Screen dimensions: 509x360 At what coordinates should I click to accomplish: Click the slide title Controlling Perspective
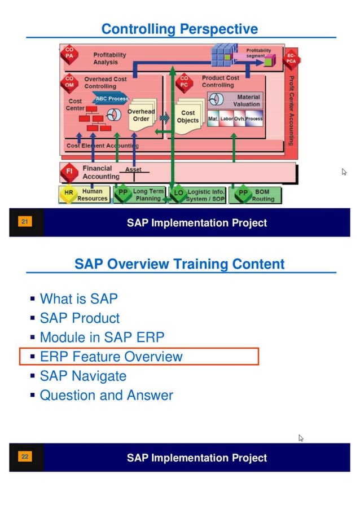[179, 29]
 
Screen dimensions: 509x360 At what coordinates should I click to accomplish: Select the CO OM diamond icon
[69, 82]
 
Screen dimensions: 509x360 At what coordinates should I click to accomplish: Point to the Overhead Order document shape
[141, 116]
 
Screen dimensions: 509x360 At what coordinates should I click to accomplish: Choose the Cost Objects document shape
[188, 117]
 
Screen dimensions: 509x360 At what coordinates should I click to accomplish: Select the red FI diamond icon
[69, 172]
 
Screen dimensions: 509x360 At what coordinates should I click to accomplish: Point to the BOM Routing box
[255, 195]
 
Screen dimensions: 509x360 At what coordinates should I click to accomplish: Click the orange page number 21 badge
[24, 222]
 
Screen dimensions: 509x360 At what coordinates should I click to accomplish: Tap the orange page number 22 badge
[24, 457]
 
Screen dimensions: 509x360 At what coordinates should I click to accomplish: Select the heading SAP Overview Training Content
[179, 264]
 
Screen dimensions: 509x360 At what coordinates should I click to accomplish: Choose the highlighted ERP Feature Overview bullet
[111, 357]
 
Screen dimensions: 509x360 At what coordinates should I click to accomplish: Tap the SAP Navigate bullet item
[82, 376]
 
